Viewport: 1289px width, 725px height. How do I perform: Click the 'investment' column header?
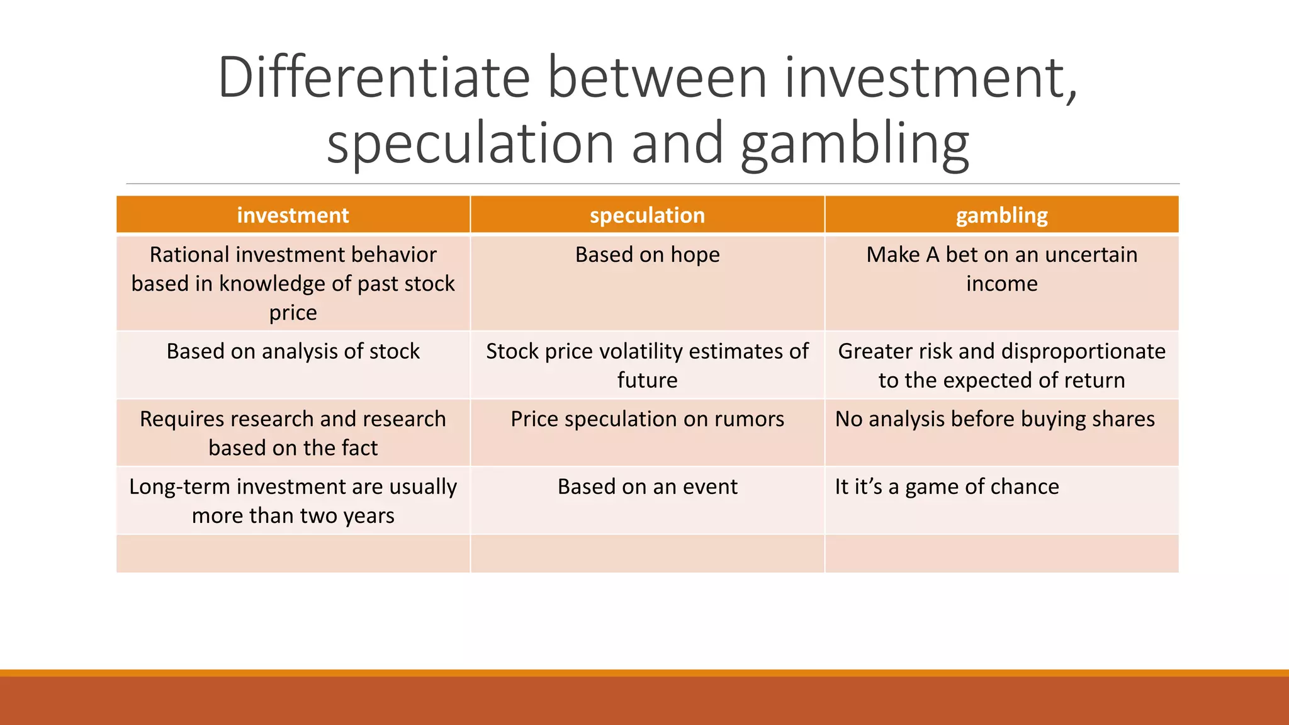293,215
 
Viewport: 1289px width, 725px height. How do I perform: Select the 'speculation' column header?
647,215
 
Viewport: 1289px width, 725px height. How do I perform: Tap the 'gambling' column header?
1001,215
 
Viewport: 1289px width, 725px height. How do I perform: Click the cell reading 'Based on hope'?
647,255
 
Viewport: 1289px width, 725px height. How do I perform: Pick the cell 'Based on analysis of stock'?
293,351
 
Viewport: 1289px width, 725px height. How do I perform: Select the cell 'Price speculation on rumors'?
647,419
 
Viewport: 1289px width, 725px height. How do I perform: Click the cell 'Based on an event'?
647,487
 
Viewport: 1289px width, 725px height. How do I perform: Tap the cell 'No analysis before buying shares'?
994,419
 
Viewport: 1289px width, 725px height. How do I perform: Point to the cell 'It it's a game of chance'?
947,487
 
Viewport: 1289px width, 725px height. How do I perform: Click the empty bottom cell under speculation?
647,554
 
